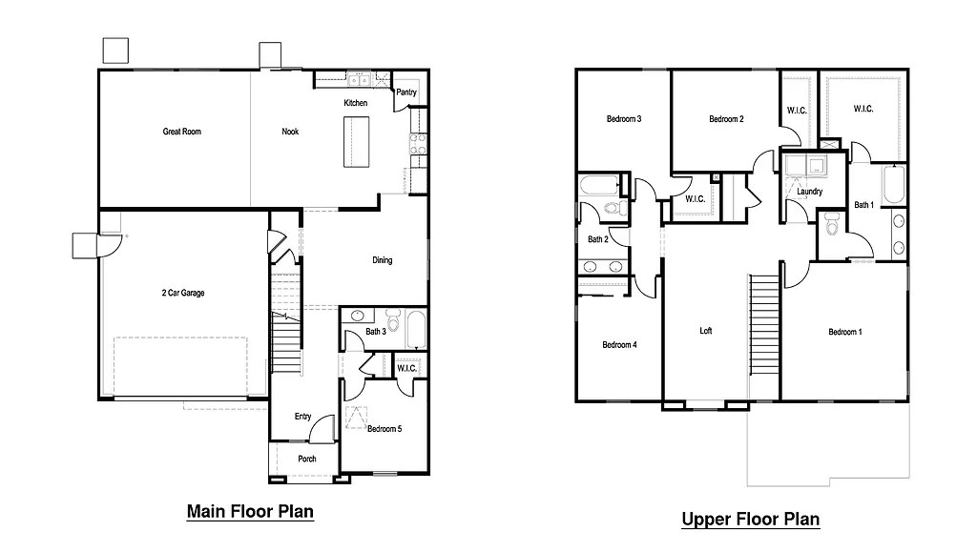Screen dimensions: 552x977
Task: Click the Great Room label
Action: point(181,132)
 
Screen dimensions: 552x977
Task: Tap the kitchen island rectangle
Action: point(355,141)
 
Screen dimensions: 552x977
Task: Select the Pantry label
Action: point(406,92)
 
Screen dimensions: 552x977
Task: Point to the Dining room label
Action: point(382,260)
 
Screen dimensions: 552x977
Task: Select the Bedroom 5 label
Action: point(385,429)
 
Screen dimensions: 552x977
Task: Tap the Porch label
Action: point(306,460)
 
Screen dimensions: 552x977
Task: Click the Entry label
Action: point(302,417)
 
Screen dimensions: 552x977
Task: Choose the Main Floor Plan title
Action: point(250,512)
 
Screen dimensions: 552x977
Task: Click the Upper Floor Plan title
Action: point(750,520)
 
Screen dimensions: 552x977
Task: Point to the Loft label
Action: point(706,332)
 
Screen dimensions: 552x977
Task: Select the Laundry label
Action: point(809,192)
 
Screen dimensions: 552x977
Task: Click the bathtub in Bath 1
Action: point(893,185)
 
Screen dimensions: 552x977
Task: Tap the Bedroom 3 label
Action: point(623,119)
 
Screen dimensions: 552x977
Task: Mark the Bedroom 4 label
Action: point(620,345)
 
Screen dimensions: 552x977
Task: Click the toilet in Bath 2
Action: point(612,207)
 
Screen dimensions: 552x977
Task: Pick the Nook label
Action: point(290,132)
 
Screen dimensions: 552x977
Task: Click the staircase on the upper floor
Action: point(764,334)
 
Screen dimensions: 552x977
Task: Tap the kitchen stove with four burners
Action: point(418,144)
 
